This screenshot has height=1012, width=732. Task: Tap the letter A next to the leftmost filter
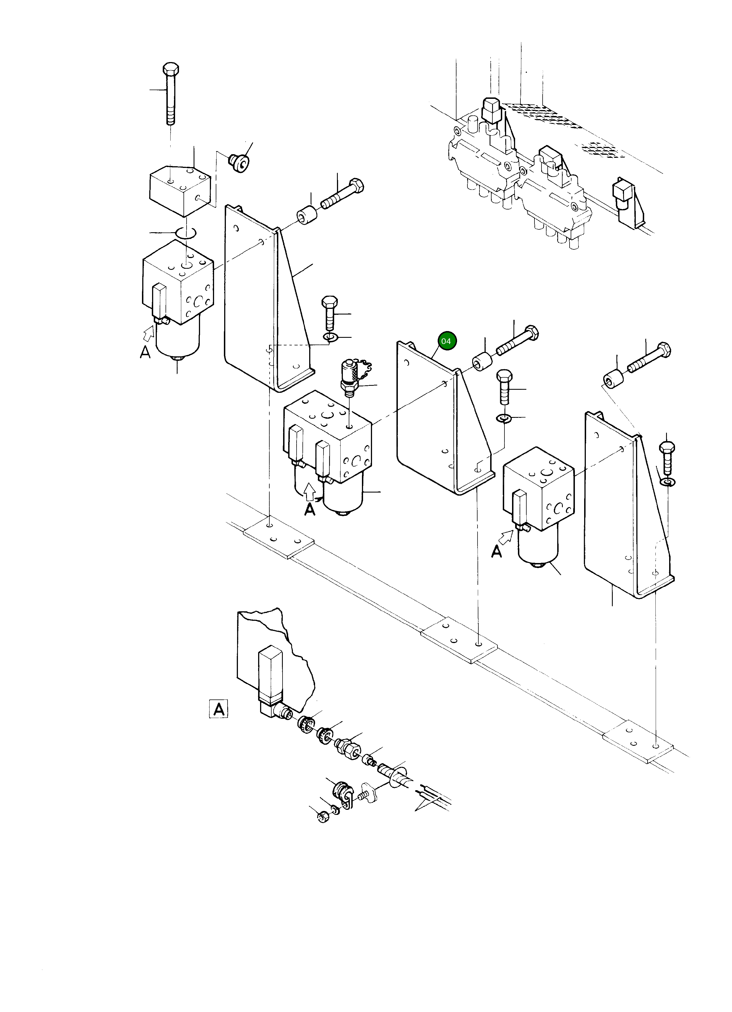coord(145,352)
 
